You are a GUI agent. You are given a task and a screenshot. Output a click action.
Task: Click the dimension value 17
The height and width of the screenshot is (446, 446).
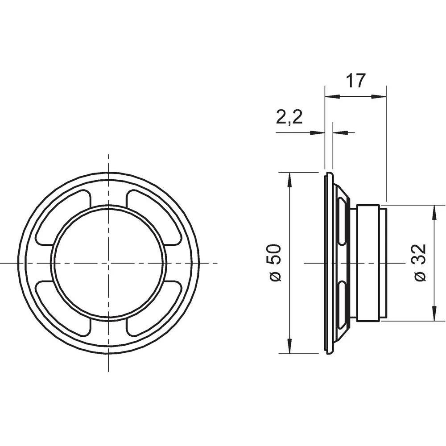(355, 81)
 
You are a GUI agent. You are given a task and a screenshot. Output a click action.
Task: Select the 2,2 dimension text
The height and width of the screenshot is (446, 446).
(289, 118)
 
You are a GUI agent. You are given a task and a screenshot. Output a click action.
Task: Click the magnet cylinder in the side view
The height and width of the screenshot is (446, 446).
(368, 263)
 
